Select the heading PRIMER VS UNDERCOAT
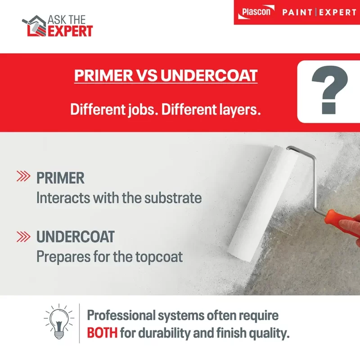click(166, 75)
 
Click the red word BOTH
click(103, 333)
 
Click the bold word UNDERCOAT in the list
click(75, 236)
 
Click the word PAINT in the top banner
click(297, 12)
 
